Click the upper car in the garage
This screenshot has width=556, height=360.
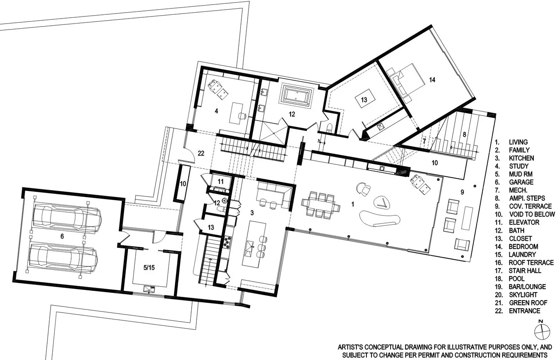click(67, 218)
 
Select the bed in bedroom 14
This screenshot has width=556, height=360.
click(402, 83)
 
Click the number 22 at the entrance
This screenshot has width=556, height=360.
click(201, 153)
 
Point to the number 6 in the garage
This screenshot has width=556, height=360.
click(62, 236)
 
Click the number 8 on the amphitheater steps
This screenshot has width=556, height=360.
click(465, 135)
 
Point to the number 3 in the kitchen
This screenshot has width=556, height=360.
click(251, 213)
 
